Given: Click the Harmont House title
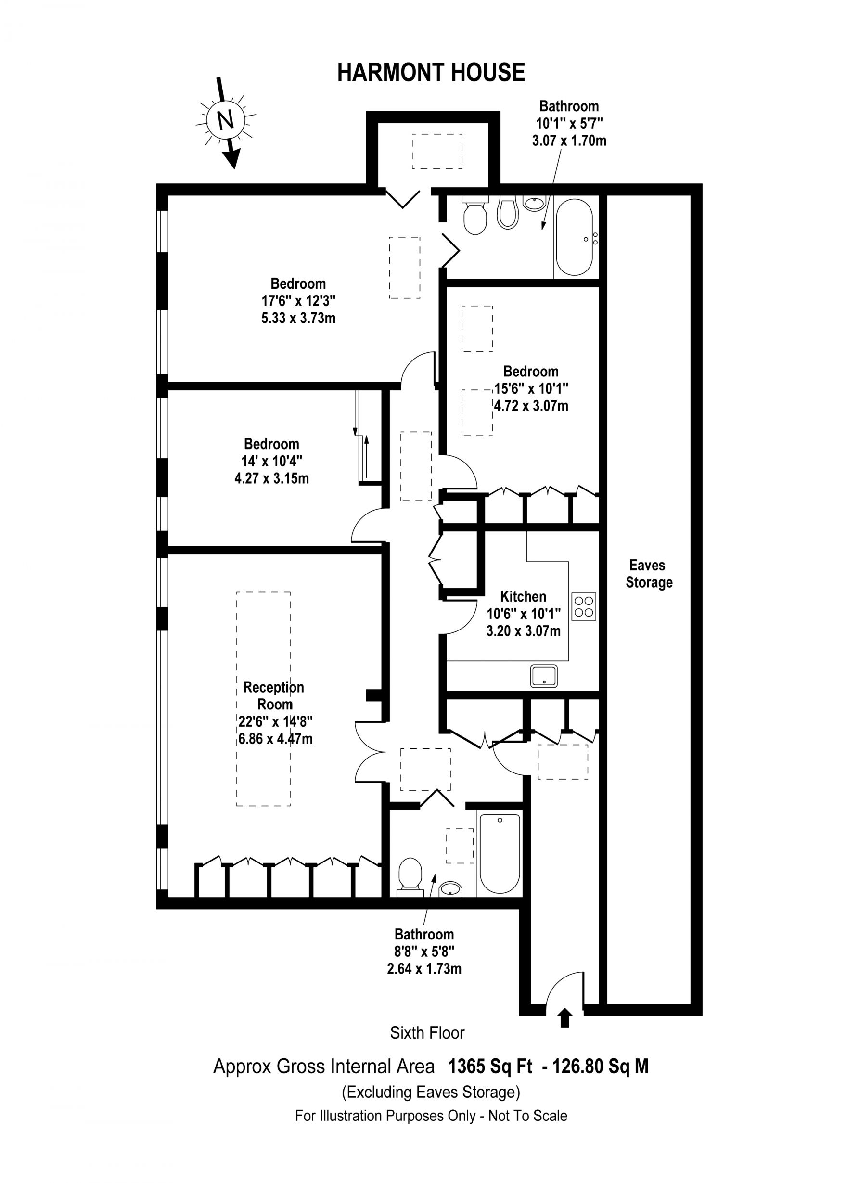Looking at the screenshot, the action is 431,72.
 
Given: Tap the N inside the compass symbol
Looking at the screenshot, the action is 225,120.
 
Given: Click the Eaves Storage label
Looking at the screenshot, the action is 648,574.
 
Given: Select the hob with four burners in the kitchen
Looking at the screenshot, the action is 584,606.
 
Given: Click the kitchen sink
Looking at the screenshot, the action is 544,676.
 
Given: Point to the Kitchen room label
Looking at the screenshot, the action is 523,596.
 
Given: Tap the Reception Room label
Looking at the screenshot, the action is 274,696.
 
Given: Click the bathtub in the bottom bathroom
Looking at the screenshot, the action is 500,854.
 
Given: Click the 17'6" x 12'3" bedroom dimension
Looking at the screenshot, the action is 298,300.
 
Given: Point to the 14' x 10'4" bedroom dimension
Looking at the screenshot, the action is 272,461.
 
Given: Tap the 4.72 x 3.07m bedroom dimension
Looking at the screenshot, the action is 531,405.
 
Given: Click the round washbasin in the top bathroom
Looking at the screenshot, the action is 534,203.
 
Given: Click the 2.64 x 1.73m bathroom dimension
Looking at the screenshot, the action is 424,969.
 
